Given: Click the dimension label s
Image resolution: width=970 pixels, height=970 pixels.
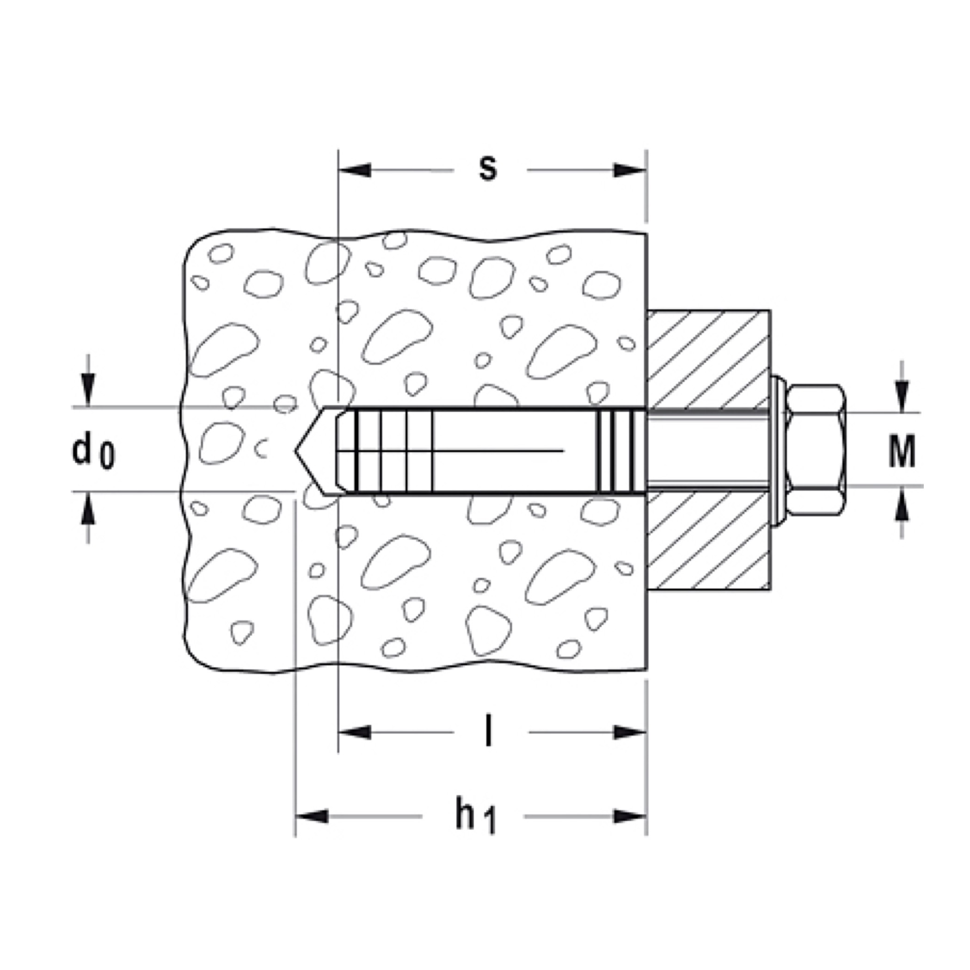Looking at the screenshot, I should [487, 169].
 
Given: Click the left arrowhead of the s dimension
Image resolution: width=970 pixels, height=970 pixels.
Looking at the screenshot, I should [355, 170].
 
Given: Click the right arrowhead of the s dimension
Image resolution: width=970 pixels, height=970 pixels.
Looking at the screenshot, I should [630, 170].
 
